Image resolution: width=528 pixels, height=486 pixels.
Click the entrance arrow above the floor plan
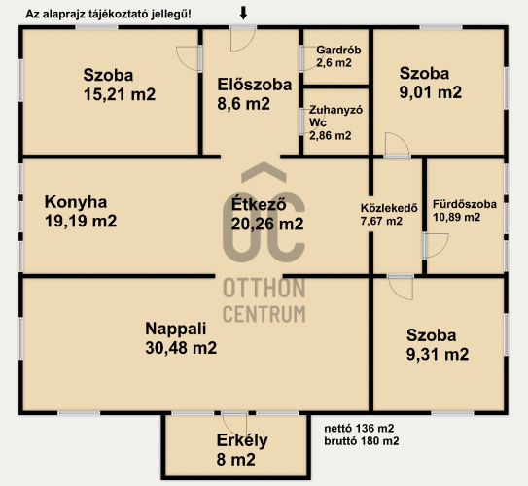click(x=243, y=13)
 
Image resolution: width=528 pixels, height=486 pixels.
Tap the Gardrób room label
click(x=338, y=50)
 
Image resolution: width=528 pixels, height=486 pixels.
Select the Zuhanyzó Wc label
click(x=335, y=116)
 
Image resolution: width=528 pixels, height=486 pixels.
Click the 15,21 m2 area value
click(x=120, y=94)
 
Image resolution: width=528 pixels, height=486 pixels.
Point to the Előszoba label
click(x=254, y=85)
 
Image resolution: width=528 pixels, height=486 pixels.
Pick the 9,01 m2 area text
click(x=431, y=92)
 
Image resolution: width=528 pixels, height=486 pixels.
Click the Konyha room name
click(x=76, y=202)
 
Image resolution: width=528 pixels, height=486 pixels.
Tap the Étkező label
click(x=259, y=203)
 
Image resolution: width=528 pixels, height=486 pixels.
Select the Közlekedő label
click(x=389, y=208)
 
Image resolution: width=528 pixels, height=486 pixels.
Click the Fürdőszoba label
click(x=465, y=204)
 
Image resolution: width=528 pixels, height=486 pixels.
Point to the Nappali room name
click(x=175, y=329)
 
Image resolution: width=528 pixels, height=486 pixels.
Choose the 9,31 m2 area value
click(x=438, y=354)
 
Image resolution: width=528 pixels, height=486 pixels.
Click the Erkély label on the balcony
click(x=242, y=440)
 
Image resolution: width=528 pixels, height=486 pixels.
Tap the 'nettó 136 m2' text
click(x=359, y=428)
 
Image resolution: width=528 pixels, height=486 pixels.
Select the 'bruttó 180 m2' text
click(x=362, y=441)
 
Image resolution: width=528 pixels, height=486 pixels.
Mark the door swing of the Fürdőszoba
click(x=437, y=246)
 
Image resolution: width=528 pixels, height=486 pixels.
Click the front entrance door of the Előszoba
click(x=243, y=39)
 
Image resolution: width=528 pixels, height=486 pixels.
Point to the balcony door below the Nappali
click(x=234, y=425)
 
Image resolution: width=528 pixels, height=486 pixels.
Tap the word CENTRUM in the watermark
click(x=264, y=314)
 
